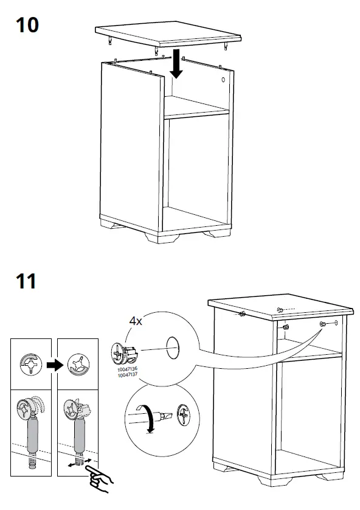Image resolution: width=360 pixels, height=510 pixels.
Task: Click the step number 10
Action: [x=27, y=25]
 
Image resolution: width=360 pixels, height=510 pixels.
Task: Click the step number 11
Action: [x=26, y=281]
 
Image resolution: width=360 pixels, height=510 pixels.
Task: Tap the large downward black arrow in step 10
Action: [x=176, y=63]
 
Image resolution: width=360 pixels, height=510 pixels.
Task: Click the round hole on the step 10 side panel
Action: [x=223, y=79]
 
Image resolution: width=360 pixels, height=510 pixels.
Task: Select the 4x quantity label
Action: [x=136, y=321]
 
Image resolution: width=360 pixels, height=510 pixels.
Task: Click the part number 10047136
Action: [x=127, y=369]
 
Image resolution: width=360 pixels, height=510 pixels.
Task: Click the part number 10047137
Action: [x=127, y=374]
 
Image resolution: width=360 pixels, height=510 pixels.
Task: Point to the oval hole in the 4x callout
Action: [x=173, y=348]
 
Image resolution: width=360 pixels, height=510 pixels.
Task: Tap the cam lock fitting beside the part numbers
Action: [x=125, y=353]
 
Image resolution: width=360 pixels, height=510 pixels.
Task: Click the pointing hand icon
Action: [x=99, y=479]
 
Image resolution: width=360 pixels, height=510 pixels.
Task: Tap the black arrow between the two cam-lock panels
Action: [x=55, y=365]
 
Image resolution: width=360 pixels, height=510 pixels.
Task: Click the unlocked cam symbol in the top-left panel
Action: [x=31, y=364]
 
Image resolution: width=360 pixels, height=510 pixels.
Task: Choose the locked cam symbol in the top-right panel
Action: [x=78, y=364]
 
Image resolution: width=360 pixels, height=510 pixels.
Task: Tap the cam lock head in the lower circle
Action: [x=184, y=414]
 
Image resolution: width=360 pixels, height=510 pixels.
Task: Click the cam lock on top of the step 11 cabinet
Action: [x=279, y=309]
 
